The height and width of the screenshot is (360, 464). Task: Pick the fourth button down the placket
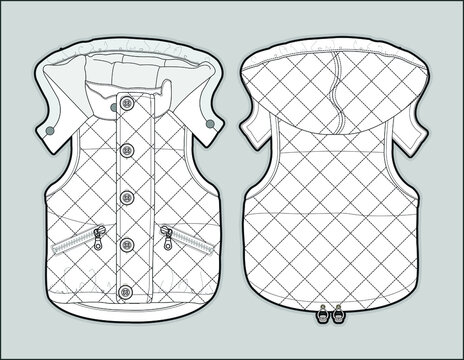pyautogui.click(x=128, y=242)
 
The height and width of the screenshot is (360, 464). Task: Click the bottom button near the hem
pyautogui.click(x=128, y=289)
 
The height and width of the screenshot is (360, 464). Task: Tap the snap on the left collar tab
pyautogui.click(x=49, y=130)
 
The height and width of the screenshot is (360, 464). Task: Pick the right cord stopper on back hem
pyautogui.click(x=338, y=313)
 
